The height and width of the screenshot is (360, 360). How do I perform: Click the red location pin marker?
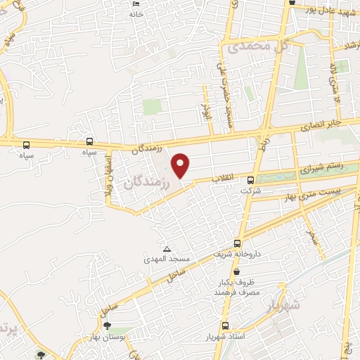(181, 165)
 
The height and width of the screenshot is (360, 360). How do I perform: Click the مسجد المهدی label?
(163, 259)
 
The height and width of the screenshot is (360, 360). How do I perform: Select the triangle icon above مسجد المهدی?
(167, 249)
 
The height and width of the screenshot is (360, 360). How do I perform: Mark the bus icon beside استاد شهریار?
(225, 326)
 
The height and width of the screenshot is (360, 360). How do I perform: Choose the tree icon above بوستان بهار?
(107, 325)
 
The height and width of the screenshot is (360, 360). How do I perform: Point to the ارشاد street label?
(350, 45)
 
